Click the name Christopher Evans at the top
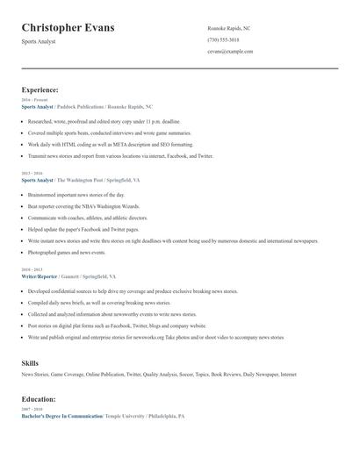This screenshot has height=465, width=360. [68, 28]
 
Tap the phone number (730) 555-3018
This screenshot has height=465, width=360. [223, 39]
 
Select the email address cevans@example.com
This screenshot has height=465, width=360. [230, 51]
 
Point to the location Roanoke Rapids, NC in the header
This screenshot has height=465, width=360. [228, 28]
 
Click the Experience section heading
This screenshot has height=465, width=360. [40, 89]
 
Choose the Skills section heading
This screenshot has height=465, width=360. [30, 362]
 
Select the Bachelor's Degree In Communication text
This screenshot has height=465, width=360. [61, 415]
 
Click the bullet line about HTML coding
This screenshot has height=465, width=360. [111, 144]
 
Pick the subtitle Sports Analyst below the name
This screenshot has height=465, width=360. [38, 41]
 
